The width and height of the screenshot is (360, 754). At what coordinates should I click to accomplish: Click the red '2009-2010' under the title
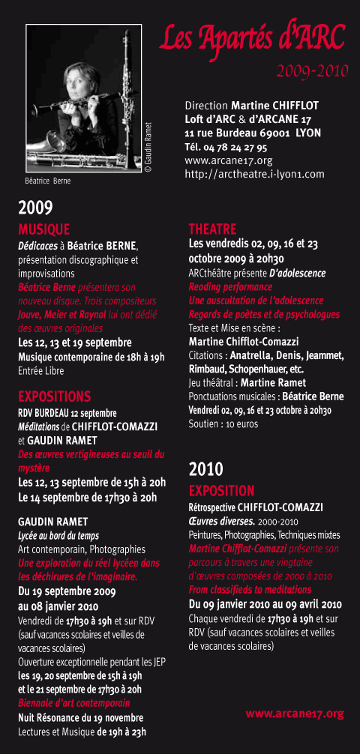point(311,72)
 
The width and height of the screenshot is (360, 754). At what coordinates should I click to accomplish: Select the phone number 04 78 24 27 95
point(235,146)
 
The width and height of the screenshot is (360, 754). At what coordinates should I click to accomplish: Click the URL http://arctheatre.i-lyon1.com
point(254,174)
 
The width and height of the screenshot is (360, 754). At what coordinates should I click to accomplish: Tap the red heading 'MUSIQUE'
point(43,229)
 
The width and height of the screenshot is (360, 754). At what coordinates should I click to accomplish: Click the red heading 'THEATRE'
point(212,229)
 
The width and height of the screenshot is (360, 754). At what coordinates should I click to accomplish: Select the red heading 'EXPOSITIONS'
point(54,396)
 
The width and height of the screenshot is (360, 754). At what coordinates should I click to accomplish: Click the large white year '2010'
point(205,469)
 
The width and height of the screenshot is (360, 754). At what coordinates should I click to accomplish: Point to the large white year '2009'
point(35,208)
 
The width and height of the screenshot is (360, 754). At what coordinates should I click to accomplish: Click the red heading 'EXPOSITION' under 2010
point(221,491)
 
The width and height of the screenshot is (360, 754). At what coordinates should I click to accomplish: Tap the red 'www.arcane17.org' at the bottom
point(294,714)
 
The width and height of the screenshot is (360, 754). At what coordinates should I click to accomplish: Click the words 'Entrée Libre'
point(40,370)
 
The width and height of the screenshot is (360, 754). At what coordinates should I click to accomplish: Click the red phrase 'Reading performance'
point(230,287)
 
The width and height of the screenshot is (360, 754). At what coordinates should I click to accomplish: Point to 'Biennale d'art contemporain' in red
point(73,703)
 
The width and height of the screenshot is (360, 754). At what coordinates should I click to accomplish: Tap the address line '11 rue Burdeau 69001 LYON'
point(252,133)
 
